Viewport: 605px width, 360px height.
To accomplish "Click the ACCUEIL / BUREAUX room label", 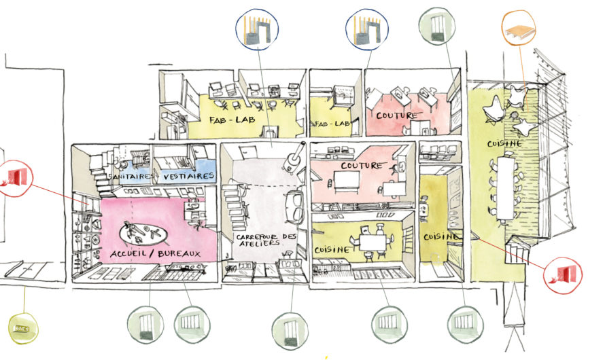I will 156,253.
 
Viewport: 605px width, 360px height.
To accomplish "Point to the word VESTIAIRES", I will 192,176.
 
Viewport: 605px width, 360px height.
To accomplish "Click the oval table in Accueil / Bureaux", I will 143,234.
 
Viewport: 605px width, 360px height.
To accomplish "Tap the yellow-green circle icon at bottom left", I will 22,328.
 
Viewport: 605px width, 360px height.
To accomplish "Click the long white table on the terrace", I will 505,187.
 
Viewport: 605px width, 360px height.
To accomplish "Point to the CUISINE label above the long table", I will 504,144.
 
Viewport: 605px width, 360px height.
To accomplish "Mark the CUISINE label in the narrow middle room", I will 442,236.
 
